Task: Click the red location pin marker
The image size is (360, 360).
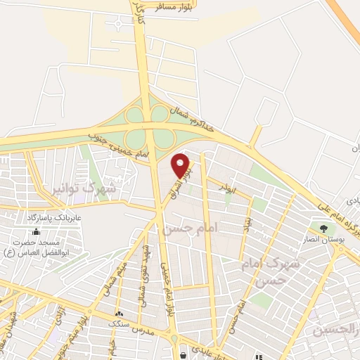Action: [181, 165]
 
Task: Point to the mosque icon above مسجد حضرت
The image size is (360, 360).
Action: [36, 231]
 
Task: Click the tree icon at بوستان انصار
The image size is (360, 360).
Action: [324, 228]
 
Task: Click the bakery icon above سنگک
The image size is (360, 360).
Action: [118, 314]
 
